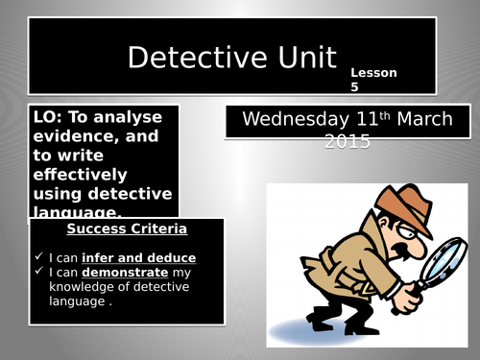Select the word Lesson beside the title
pyautogui.click(x=373, y=72)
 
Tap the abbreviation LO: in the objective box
pyautogui.click(x=46, y=116)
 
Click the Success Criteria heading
pyautogui.click(x=127, y=230)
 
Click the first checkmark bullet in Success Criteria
pyautogui.click(x=38, y=257)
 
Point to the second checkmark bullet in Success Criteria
pyautogui.click(x=38, y=273)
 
